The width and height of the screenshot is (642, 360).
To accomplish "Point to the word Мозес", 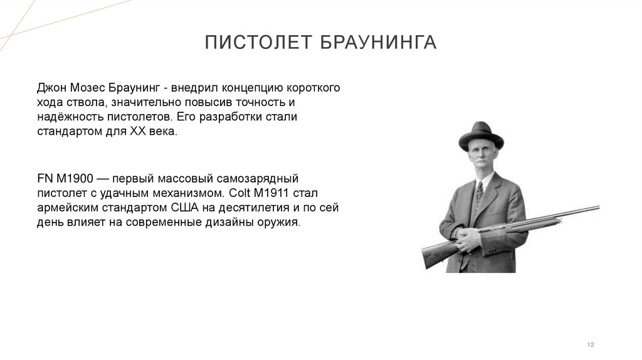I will (88, 87).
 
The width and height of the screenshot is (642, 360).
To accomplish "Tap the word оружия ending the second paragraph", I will (282, 223).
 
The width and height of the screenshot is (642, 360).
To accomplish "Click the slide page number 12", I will (590, 344).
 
